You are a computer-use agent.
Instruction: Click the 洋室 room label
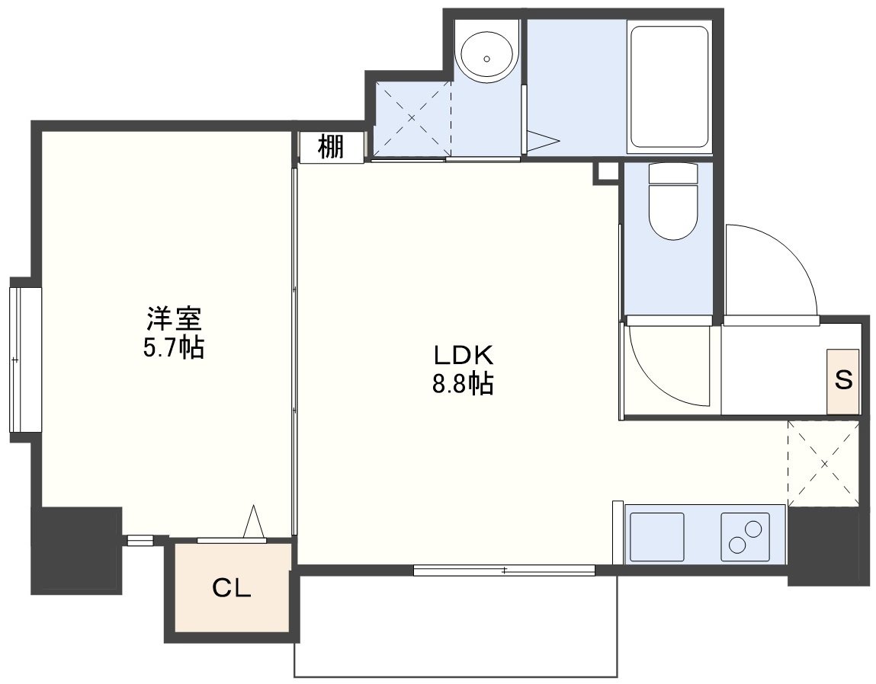tap(174, 320)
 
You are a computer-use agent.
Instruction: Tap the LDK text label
tap(463, 355)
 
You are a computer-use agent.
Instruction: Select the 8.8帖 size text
tap(463, 384)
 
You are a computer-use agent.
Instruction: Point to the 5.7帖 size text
tap(174, 348)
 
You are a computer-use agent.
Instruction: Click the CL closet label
tap(231, 588)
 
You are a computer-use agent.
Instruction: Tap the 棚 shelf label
tap(331, 148)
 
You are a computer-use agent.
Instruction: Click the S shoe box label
tap(843, 380)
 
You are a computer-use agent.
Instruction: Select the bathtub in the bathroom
tap(669, 87)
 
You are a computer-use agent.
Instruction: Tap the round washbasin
tap(486, 59)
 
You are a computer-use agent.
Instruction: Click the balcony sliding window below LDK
tap(505, 570)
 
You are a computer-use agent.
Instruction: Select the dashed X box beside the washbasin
tap(412, 118)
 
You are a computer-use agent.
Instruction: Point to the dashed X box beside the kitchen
tap(823, 463)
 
